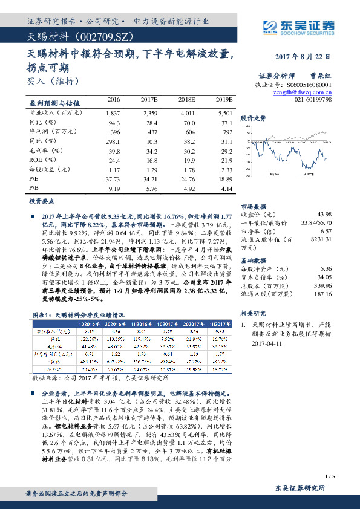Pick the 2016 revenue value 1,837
pyautogui.click(x=113, y=113)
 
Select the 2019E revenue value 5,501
pyautogui.click(x=224, y=113)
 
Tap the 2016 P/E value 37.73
pyautogui.click(x=113, y=180)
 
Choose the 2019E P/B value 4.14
pyautogui.click(x=225, y=189)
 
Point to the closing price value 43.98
pyautogui.click(x=324, y=215)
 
